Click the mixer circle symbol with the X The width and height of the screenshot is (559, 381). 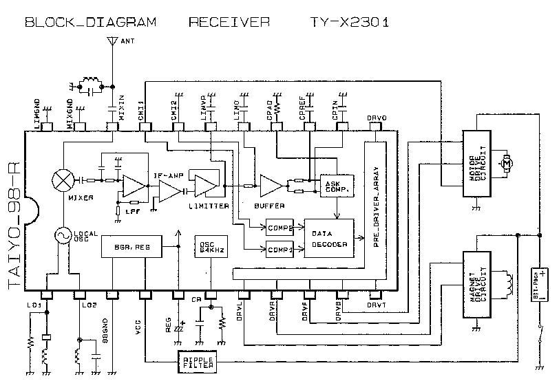coord(64,179)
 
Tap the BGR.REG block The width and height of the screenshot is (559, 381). coord(131,245)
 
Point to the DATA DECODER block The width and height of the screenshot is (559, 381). coord(328,238)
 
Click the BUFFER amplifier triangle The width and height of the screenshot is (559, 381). coord(269,185)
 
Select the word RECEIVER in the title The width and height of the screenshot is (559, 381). coord(229,22)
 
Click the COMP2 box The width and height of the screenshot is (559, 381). coord(279,227)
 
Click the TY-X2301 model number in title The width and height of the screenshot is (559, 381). coord(349,22)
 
